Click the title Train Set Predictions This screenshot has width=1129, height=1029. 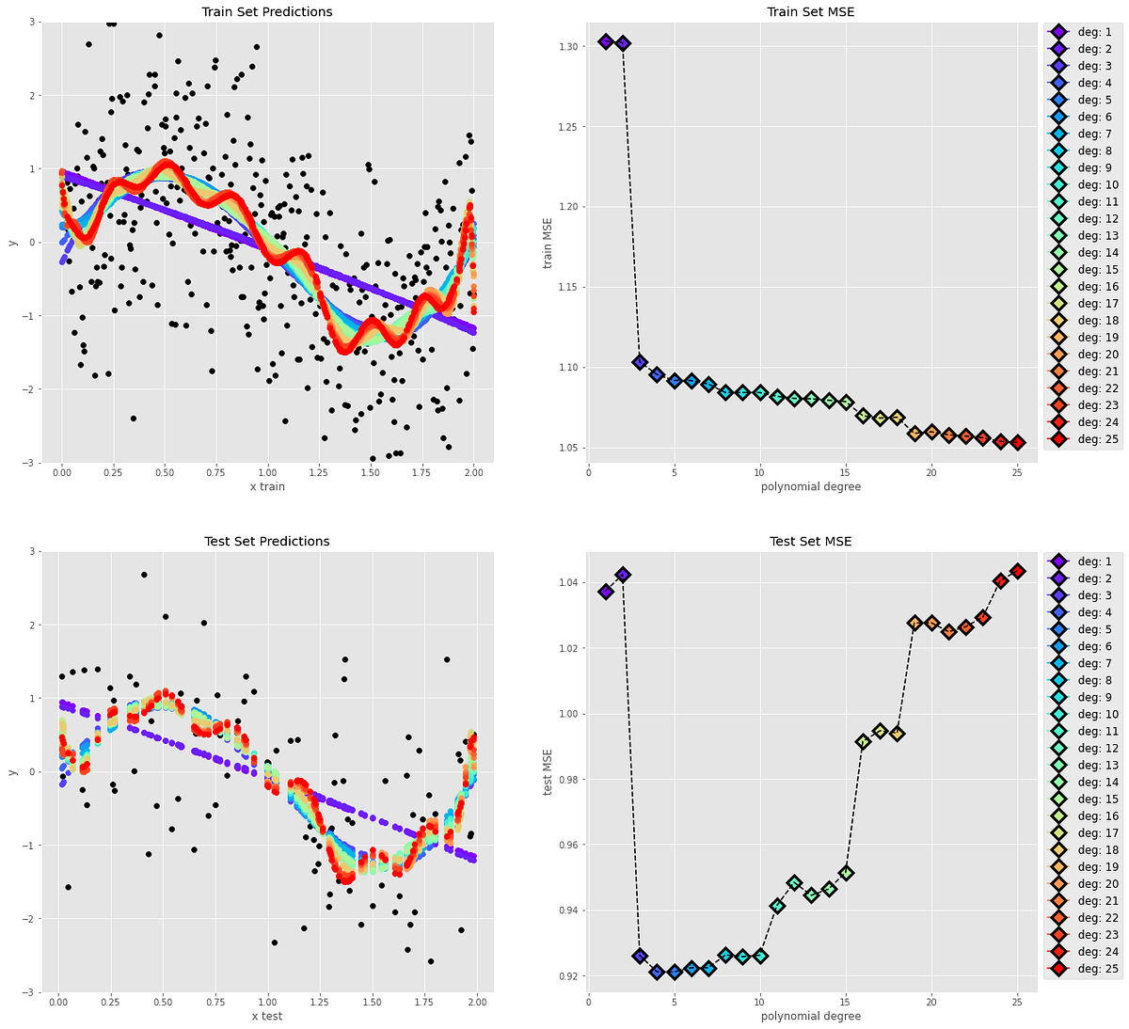tap(267, 12)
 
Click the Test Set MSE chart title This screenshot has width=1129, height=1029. tap(810, 542)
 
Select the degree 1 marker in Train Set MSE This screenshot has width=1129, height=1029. tap(606, 41)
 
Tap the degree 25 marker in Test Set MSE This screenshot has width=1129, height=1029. tap(1017, 571)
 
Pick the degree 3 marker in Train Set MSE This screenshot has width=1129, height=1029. tap(640, 362)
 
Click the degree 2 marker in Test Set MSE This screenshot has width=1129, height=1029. tap(623, 575)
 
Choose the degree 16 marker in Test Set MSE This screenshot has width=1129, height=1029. tap(863, 741)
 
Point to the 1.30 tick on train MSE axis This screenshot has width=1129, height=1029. tap(568, 47)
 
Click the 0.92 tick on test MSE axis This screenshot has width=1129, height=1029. tap(568, 976)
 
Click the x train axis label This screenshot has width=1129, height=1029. tap(267, 486)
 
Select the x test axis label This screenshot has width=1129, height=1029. tap(267, 1016)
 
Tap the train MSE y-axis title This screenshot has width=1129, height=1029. tap(548, 242)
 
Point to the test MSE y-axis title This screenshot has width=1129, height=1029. tap(548, 771)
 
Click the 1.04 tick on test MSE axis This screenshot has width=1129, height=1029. tap(568, 583)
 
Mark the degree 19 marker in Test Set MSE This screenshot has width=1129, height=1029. tap(914, 623)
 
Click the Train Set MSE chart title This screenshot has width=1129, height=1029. tap(810, 12)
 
